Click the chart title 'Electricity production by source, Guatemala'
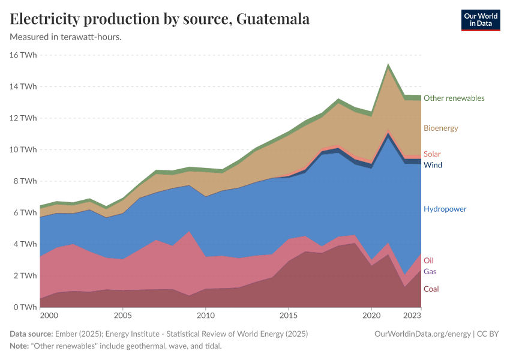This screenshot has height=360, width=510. coord(160,19)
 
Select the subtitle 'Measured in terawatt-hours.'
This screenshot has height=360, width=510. coord(66,37)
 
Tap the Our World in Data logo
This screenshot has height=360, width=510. coord(480,20)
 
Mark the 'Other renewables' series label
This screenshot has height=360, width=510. coord(454,98)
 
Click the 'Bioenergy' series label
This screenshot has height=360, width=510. coord(440,128)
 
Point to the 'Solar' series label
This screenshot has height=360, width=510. coord(432,154)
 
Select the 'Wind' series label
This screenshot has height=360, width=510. coord(433,164)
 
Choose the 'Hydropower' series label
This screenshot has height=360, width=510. coord(445,209)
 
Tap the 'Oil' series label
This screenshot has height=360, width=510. coord(428,260)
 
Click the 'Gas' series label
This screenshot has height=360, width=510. coord(430,272)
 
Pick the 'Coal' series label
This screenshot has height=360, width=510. coord(431,289)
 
